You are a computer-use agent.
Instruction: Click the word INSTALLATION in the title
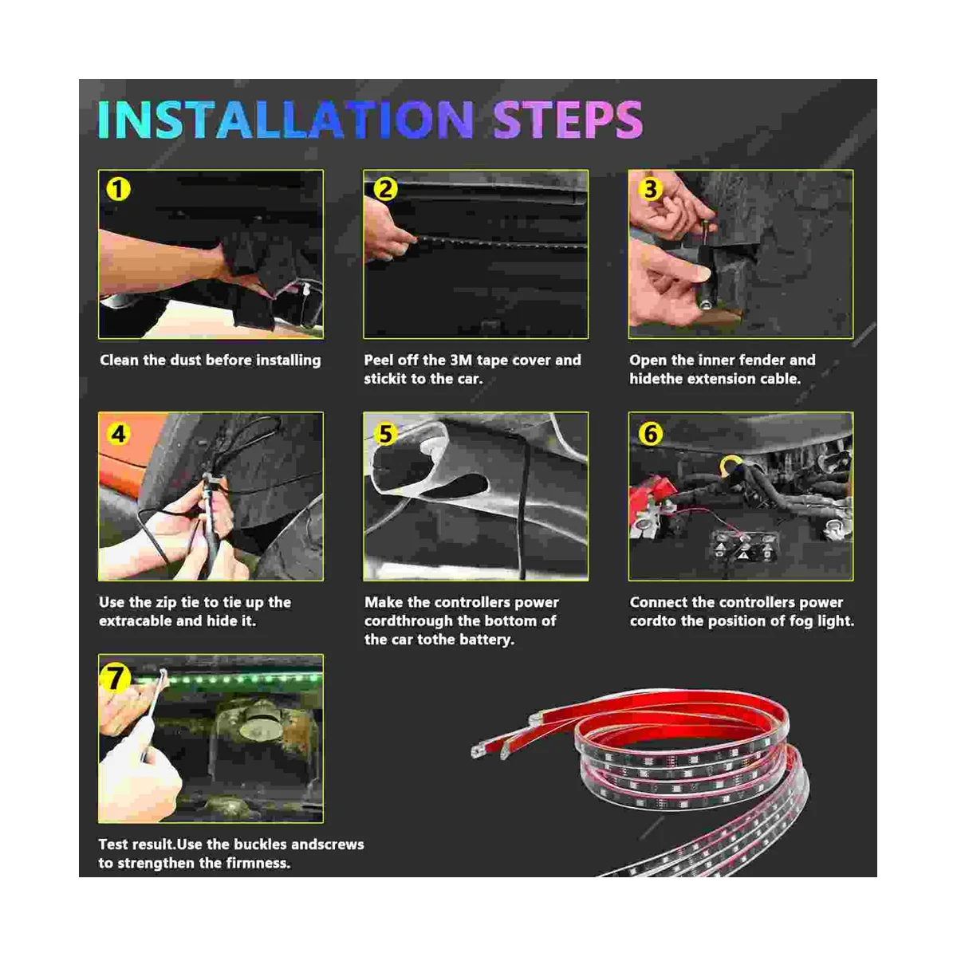[285, 119]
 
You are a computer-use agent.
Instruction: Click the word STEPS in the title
[568, 119]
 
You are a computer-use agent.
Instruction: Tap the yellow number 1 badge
[118, 189]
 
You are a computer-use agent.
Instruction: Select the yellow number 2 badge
[385, 189]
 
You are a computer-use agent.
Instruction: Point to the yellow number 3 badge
[650, 189]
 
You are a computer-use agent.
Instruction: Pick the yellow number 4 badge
[118, 434]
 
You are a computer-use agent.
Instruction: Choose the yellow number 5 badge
[385, 434]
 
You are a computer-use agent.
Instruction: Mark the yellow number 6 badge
[650, 434]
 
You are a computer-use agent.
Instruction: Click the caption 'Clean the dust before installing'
[210, 360]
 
